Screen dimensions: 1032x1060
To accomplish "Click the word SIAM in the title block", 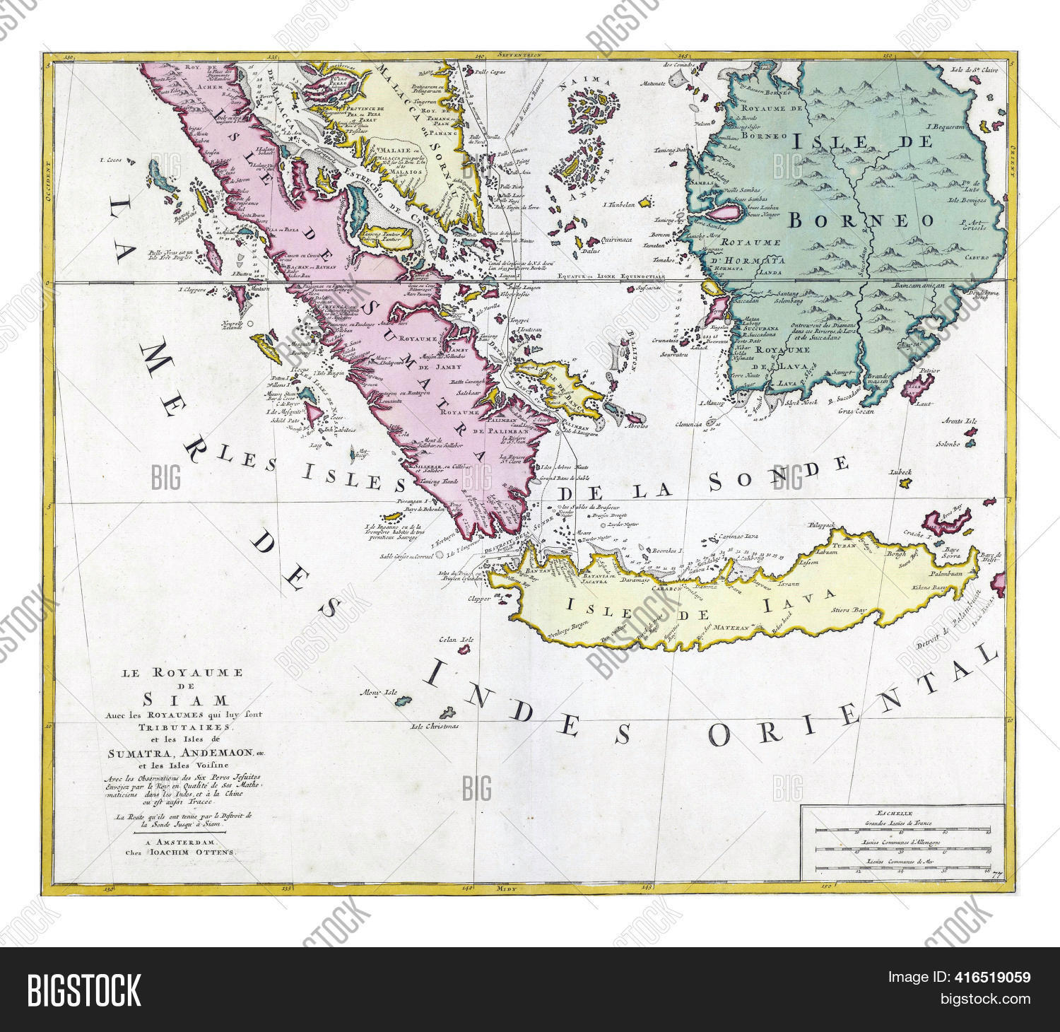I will (186, 700).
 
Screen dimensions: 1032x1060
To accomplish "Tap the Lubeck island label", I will (902, 471).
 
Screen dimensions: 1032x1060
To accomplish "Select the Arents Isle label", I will (959, 421).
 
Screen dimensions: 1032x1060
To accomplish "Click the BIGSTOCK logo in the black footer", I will (84, 990).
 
